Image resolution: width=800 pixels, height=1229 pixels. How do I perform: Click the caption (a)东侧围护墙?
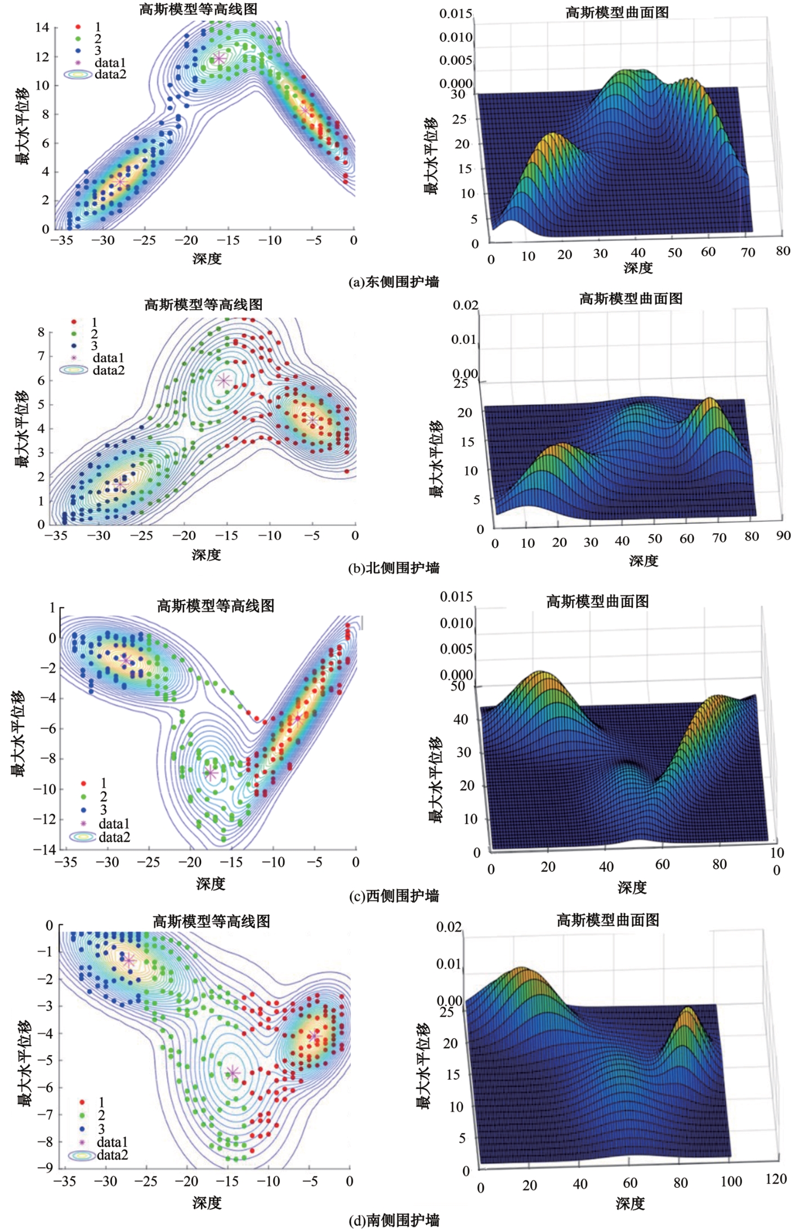[x=394, y=282]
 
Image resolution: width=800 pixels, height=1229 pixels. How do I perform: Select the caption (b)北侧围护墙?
[x=394, y=568]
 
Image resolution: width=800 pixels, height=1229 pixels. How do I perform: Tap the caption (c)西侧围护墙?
[x=394, y=896]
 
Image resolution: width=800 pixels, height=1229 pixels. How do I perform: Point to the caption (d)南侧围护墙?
[x=394, y=1220]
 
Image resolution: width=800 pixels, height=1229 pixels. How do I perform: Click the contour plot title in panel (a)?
[x=198, y=9]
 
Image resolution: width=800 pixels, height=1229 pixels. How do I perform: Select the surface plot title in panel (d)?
[x=608, y=920]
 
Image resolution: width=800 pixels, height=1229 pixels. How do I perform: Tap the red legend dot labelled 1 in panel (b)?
[x=74, y=323]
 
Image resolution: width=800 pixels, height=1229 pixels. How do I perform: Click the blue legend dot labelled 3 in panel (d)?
[x=82, y=1129]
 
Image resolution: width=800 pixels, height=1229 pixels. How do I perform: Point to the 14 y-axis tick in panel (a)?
[x=42, y=27]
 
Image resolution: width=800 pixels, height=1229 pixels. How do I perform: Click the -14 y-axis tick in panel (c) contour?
[x=44, y=849]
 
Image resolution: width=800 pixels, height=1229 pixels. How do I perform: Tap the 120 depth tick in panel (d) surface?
[x=776, y=1179]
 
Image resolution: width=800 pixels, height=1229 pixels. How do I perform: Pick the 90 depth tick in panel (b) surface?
[x=783, y=535]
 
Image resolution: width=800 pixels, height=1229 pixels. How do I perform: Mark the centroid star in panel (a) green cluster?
[x=219, y=58]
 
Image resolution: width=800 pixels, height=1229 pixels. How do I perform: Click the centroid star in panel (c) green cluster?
[x=211, y=773]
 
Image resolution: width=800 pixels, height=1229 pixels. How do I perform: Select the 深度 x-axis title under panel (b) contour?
[x=207, y=555]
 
